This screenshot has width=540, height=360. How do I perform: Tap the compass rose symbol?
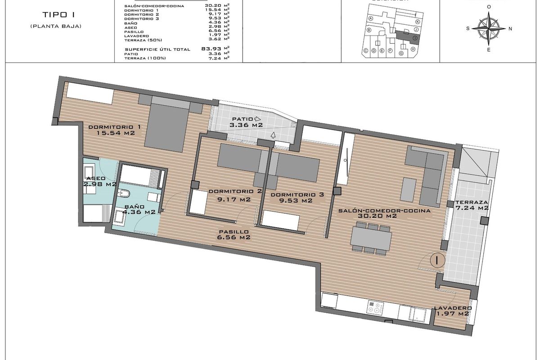(x=489, y=28)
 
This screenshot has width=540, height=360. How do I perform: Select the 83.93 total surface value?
(x=215, y=49)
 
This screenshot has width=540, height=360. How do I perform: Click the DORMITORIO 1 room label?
(x=114, y=130)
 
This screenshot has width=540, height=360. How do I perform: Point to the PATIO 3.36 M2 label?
(x=246, y=122)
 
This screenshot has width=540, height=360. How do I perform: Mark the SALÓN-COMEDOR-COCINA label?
(x=385, y=213)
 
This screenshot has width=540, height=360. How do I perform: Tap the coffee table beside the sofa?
(x=409, y=189)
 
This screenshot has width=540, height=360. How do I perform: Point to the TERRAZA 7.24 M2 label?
(x=472, y=205)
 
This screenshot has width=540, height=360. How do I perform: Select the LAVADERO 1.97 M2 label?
(x=452, y=311)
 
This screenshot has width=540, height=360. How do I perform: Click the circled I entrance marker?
(x=437, y=260)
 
